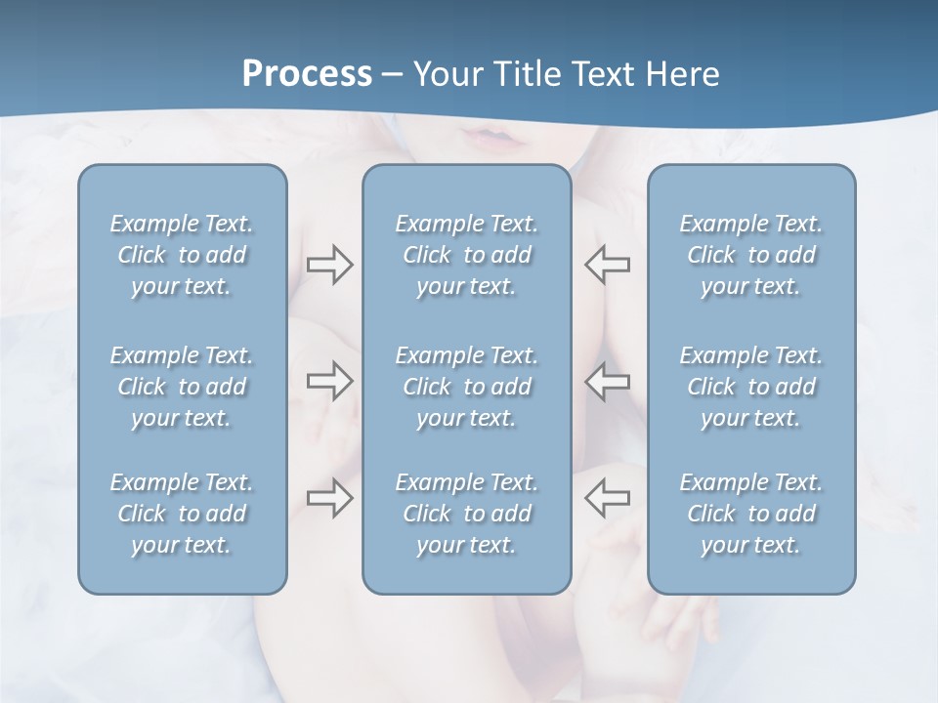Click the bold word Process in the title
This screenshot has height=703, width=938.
click(307, 74)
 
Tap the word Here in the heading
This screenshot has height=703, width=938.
click(683, 74)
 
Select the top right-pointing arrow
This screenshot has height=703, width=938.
click(329, 264)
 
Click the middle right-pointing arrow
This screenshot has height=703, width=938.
click(329, 381)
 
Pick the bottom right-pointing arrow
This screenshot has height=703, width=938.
click(329, 498)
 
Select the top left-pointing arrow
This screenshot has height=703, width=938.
click(607, 264)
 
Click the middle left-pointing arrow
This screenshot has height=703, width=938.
click(607, 381)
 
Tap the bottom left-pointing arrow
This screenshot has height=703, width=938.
click(607, 498)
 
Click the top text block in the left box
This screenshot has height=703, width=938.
click(182, 255)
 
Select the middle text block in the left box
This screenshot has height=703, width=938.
click(182, 387)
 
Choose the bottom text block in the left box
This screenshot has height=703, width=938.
click(182, 514)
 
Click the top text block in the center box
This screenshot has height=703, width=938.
click(466, 255)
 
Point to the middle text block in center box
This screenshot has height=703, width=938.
click(466, 387)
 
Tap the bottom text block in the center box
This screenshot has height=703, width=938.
click(466, 514)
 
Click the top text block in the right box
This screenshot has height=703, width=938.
click(751, 255)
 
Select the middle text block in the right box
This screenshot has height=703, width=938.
click(751, 387)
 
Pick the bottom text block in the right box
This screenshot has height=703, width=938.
click(751, 514)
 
